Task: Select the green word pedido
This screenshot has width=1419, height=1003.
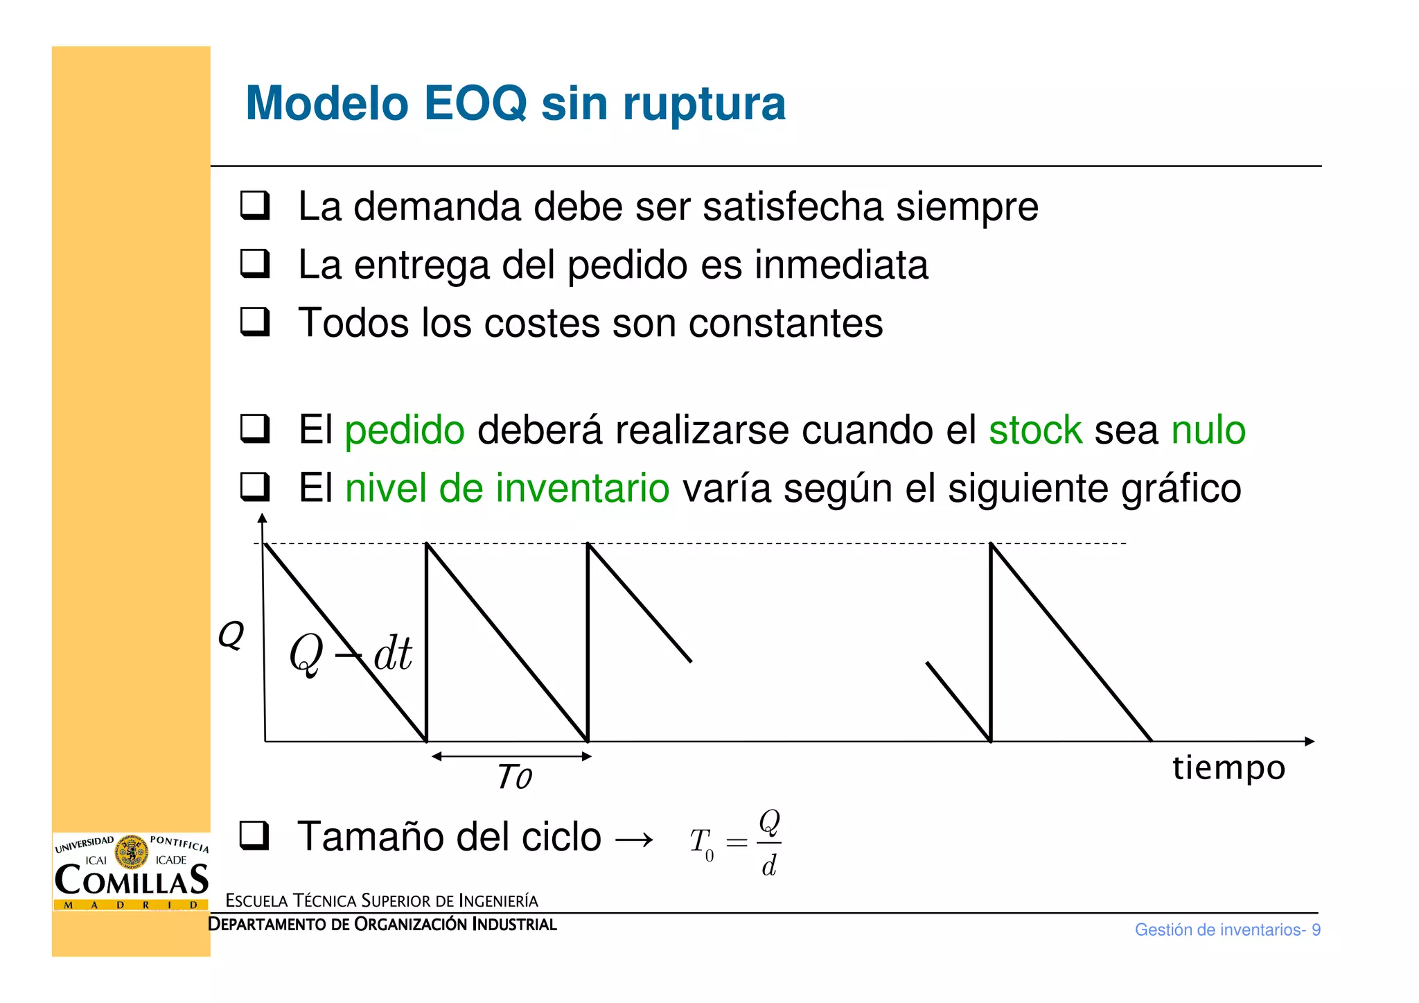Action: point(405,430)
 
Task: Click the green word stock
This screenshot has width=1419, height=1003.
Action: point(1035,430)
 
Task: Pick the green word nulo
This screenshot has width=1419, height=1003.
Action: point(1208,430)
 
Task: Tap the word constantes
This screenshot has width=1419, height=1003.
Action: point(786,324)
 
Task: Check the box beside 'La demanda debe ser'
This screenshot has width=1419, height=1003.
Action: point(254,206)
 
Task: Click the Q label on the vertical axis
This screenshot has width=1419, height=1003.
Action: point(231,634)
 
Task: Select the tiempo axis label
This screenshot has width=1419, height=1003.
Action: point(1228,768)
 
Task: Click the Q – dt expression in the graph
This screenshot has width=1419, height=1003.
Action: point(351,653)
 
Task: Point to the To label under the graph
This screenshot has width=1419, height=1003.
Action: point(514,777)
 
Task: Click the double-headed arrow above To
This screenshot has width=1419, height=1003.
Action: point(511,756)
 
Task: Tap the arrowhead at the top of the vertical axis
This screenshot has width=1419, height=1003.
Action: point(262,518)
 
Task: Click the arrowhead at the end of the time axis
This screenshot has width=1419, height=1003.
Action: point(1309,741)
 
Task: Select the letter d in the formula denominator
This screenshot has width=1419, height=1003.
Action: point(769,866)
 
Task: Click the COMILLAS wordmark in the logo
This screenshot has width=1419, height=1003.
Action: point(131,880)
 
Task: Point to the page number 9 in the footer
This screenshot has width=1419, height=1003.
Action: point(1316,930)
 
